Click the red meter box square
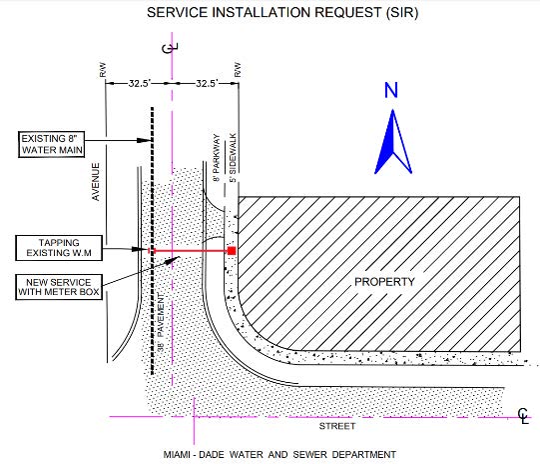(232, 251)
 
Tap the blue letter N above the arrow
(391, 90)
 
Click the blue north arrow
(393, 141)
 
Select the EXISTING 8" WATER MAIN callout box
(51, 144)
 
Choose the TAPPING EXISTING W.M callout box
(59, 248)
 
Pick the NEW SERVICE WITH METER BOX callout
(59, 287)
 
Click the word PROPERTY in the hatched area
(384, 282)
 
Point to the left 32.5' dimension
(140, 83)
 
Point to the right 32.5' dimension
(207, 83)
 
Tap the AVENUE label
(96, 182)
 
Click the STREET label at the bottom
(337, 426)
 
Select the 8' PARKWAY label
(217, 158)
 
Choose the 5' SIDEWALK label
(234, 158)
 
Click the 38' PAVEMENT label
(161, 323)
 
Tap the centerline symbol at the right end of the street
(523, 415)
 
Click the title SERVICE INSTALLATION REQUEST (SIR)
(282, 12)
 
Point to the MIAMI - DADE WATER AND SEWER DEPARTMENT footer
(279, 455)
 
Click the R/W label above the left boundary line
(103, 69)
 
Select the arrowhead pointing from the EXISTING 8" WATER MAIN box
(145, 140)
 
